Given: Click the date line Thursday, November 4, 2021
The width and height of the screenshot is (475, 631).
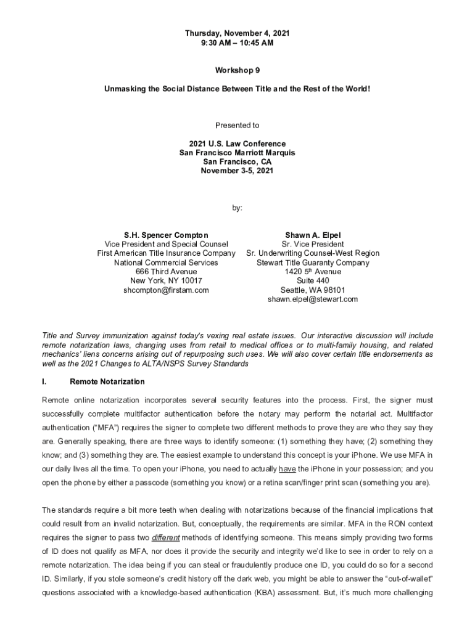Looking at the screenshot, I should coord(238,33).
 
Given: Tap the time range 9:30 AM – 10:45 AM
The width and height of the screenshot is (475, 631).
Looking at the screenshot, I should coord(238,43).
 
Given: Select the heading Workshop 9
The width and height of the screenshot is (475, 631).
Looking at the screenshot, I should coord(238,71).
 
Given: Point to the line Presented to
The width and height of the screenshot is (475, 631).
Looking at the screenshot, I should coord(238,125).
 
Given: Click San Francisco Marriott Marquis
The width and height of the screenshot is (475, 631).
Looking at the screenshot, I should coord(238,153).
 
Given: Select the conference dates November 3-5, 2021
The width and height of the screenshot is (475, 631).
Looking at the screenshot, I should coord(238,171).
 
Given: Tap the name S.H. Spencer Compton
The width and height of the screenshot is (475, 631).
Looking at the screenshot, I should coord(166,235).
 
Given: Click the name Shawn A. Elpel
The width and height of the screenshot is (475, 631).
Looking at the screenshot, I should coord(313,235).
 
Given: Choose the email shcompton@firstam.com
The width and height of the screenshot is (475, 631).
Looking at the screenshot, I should coord(166,290).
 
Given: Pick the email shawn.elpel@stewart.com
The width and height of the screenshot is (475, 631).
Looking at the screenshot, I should coord(313,299).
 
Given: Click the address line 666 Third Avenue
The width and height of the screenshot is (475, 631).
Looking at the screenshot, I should coord(166,272).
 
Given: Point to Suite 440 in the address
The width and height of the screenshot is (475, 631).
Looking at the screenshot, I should coord(313,280).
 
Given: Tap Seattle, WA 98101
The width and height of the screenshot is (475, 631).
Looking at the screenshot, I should coord(313,290).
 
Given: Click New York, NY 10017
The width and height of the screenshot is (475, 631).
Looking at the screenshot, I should coord(166,280).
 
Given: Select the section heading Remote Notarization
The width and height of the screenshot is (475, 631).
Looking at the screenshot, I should coord(107,381).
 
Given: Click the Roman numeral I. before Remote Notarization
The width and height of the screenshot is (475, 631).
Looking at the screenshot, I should coord(44,381).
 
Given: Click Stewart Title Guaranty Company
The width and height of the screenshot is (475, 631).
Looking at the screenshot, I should coord(313,263).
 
